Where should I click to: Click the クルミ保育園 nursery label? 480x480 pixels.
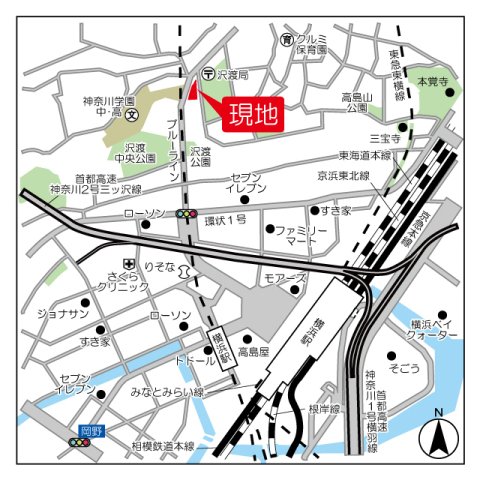(312, 43)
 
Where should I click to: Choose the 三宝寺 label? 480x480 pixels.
(384, 139)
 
